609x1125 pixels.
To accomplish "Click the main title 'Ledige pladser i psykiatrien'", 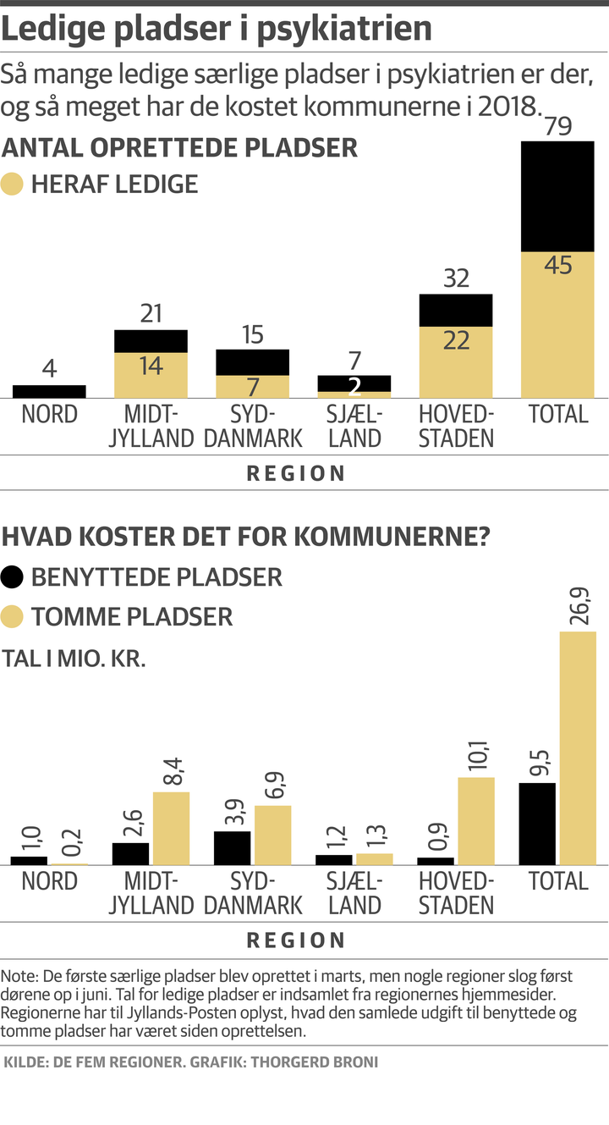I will [217, 30].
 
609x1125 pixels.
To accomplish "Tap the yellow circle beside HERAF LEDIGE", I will [13, 185].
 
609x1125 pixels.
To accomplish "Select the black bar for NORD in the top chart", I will [49, 392].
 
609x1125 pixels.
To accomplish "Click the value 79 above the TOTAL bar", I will [557, 127].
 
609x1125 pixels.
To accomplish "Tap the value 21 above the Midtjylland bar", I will [151, 314].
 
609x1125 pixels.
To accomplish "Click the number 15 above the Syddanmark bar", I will [253, 334].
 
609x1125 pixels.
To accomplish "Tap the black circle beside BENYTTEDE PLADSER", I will [13, 577].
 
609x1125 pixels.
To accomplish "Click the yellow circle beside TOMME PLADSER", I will [13, 616].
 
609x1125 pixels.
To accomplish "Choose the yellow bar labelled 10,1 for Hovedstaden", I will [476, 820].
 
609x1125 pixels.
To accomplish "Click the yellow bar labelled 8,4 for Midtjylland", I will [171, 828].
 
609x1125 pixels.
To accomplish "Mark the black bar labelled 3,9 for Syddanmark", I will [232, 847].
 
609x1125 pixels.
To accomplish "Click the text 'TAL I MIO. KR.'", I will [74, 659].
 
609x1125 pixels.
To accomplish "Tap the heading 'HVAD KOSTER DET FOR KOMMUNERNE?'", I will [249, 537].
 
